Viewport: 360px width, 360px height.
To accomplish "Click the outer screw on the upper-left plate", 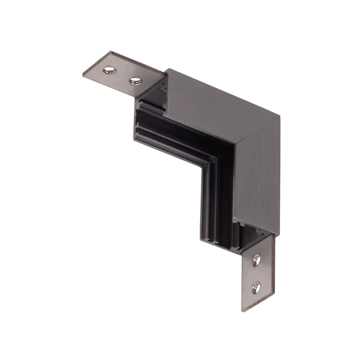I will point(109,70).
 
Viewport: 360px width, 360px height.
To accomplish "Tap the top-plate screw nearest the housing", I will point(134,79).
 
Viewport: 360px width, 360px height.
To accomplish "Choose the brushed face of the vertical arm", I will point(259,180).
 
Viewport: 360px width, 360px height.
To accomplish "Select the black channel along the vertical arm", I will point(216,202).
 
